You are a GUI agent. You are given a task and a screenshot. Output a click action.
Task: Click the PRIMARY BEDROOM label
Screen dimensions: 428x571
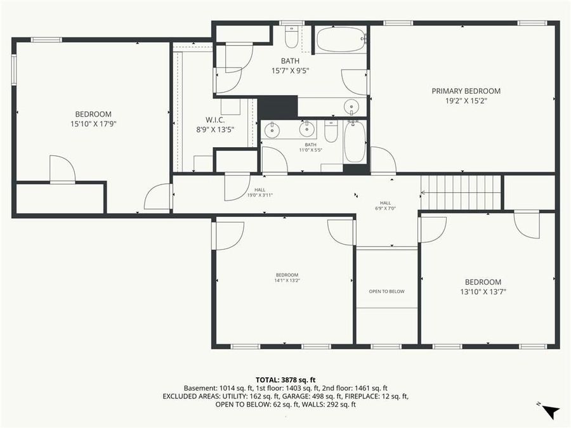point(466,91)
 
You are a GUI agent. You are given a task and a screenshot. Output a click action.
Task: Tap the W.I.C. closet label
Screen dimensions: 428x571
point(215,120)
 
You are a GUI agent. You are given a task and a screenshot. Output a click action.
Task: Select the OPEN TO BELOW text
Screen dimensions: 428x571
point(386,292)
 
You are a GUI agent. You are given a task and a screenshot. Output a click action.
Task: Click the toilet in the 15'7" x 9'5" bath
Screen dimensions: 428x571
point(292,38)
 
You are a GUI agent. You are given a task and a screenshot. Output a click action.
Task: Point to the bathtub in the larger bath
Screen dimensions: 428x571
point(341,39)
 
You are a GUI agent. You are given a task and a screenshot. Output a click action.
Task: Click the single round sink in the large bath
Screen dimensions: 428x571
point(351,107)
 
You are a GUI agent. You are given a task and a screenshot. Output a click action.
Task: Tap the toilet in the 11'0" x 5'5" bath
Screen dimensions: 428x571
point(331,132)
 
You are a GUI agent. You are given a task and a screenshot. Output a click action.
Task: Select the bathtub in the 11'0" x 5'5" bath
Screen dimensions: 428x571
point(355,141)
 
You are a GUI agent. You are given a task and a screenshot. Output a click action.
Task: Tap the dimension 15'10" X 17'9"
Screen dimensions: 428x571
point(93,124)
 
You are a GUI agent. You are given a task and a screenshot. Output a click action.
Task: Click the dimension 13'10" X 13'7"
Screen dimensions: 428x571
point(483,292)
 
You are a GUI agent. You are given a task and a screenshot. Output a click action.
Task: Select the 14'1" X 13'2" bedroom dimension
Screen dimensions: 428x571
point(287,280)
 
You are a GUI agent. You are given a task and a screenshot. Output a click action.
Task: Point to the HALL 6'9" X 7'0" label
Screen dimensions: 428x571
point(385,205)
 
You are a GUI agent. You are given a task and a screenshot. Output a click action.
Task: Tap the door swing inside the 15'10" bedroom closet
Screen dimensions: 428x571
point(63,170)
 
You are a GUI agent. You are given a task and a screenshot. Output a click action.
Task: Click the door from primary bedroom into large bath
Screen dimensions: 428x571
point(356,81)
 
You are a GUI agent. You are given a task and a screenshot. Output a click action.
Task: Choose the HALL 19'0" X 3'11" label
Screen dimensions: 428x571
point(260,193)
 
